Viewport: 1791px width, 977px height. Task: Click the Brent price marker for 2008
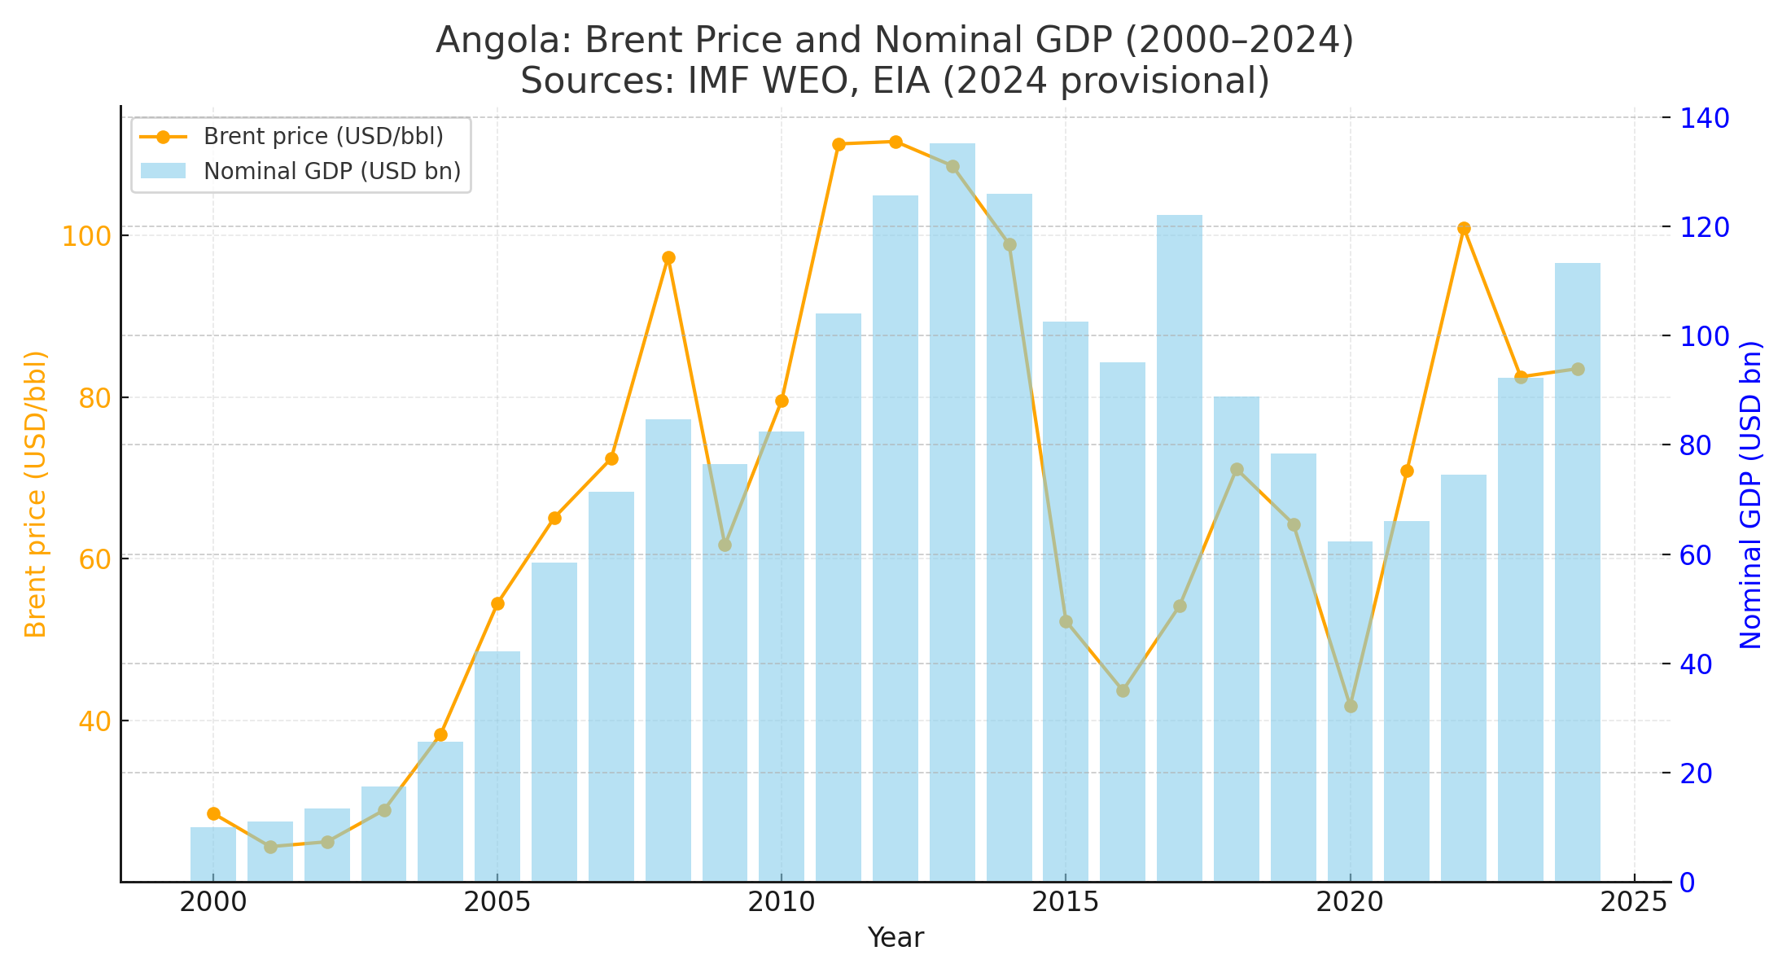[x=668, y=258]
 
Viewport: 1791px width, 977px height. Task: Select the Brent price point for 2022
[x=1464, y=229]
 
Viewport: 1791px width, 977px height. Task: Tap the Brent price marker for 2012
[x=895, y=142]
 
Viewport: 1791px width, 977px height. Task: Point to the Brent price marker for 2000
[x=213, y=814]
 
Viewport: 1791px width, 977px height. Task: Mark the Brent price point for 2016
[x=1123, y=691]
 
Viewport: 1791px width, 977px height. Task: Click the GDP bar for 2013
[x=952, y=513]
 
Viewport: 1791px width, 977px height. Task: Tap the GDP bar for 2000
[x=213, y=855]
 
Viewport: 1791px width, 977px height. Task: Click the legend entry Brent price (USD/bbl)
[x=322, y=137]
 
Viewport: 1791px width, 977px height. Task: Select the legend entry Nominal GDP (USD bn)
[x=331, y=172]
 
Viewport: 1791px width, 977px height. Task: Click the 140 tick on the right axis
[x=1701, y=119]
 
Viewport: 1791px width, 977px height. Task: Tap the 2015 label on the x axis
[x=1066, y=902]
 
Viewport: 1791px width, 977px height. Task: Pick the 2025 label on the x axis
[x=1634, y=902]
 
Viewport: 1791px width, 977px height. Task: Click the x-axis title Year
[x=895, y=939]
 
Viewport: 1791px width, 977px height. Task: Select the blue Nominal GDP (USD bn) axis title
[x=1751, y=495]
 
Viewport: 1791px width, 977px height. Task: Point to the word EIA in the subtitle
[x=896, y=81]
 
